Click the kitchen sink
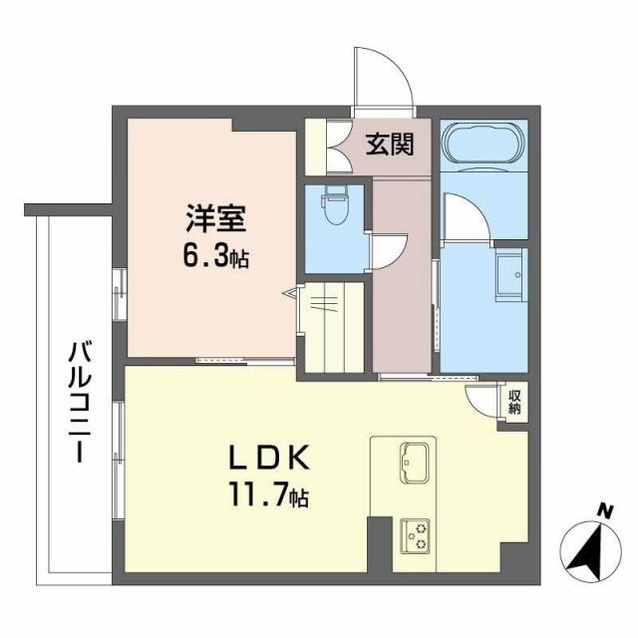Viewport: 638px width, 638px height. coord(415,460)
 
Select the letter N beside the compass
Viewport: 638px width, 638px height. coord(603,511)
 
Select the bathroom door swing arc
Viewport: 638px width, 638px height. coord(461,214)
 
